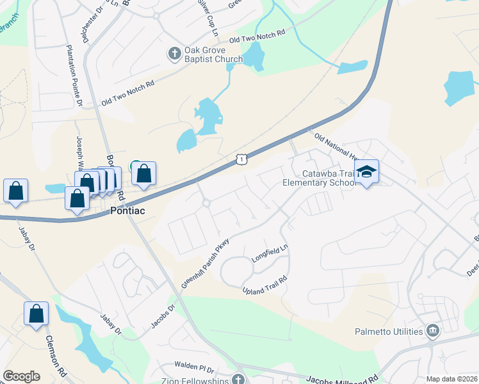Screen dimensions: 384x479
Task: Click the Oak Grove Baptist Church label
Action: (213, 54)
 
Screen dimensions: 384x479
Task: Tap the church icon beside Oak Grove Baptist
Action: (175, 54)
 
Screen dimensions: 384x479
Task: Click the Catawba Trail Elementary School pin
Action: (366, 172)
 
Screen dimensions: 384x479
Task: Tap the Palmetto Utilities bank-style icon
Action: (433, 331)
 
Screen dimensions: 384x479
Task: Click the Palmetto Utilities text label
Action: (389, 331)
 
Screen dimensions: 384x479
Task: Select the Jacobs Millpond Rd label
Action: (343, 379)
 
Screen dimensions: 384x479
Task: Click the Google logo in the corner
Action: (21, 376)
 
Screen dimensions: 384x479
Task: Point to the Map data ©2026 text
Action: (451, 379)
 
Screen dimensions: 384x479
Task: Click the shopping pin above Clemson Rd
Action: (36, 314)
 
